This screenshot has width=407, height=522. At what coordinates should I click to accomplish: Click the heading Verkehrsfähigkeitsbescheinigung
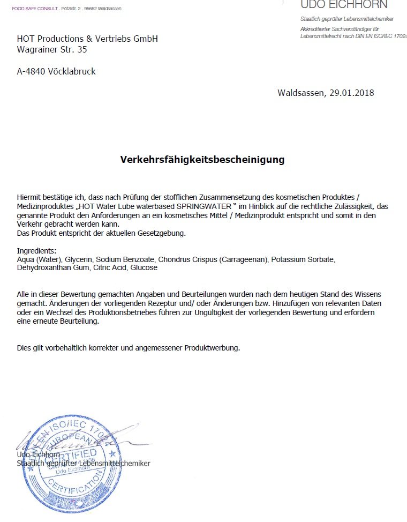(x=202, y=160)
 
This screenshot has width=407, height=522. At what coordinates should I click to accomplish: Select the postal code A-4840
(x=31, y=71)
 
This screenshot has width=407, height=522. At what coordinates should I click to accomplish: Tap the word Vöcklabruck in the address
(x=72, y=71)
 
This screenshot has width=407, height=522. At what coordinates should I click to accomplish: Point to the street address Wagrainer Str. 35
(x=52, y=50)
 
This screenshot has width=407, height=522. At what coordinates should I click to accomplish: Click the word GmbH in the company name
(x=144, y=39)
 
